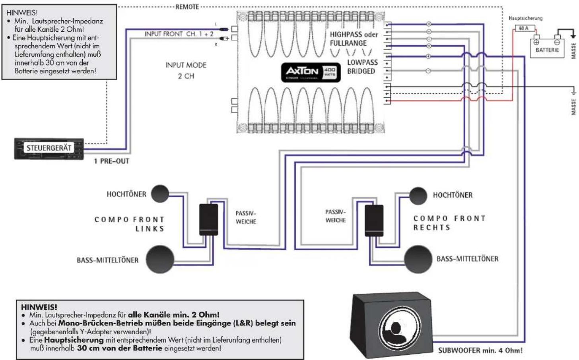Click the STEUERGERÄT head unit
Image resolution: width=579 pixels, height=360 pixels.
pos(49,149)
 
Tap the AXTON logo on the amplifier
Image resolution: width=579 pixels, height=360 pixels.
pos(303,72)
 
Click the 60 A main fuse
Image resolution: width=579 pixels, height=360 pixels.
pos(524,28)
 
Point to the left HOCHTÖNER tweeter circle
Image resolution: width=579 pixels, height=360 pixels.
pos(159,194)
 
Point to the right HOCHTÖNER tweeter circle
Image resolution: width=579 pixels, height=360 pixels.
pos(418,195)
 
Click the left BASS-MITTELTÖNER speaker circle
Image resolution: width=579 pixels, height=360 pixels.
pos(160,259)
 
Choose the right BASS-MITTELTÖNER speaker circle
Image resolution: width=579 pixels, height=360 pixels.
pos(418,259)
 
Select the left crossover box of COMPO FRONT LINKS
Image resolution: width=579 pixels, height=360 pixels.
pos(208,220)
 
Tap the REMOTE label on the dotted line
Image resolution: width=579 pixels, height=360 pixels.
pos(187,7)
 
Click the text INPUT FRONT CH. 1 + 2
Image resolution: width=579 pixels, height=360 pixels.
pos(179,34)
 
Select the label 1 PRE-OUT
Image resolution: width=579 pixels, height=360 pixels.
pos(111,161)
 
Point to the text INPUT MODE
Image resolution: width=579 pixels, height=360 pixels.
pos(186,65)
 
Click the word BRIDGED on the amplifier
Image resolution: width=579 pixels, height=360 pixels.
pos(361,72)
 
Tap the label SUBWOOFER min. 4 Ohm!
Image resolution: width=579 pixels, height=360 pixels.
pos(480,350)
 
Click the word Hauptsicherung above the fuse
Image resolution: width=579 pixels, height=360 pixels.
pos(525,18)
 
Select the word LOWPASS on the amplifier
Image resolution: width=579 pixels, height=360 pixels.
pos(362,62)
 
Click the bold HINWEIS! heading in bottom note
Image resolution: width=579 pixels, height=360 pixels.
pos(39,307)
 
